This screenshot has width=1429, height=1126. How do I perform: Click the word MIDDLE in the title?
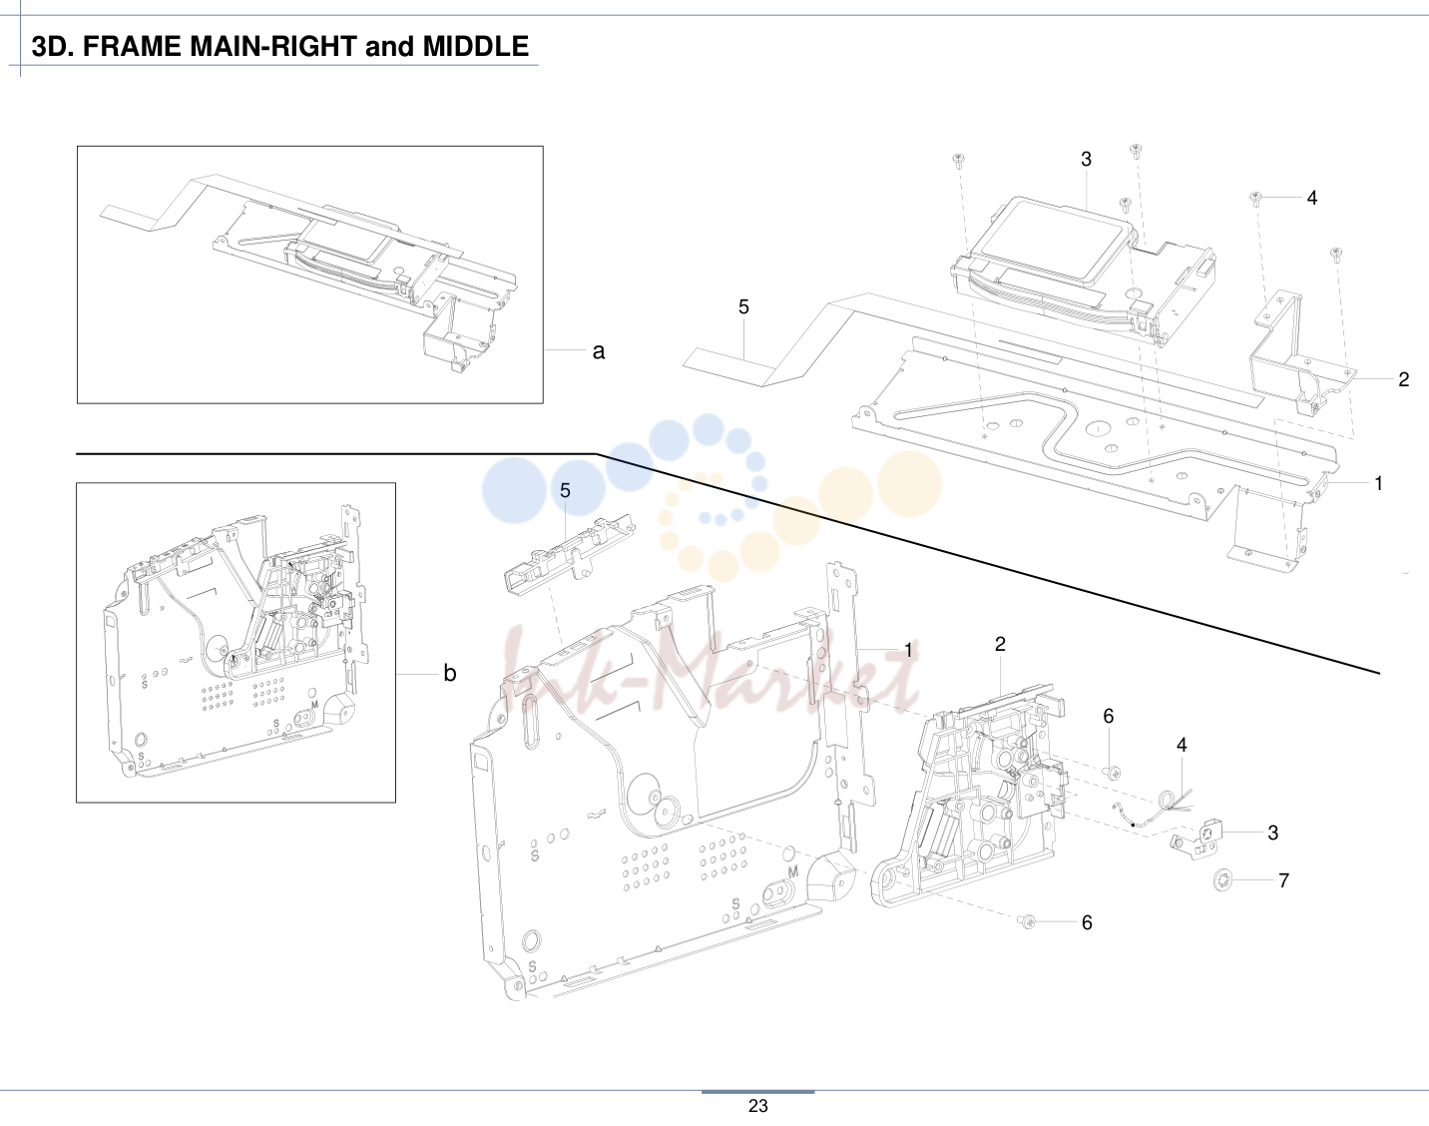475,47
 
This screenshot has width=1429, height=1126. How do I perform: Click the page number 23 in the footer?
757,1105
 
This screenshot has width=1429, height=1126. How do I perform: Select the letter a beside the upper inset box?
599,351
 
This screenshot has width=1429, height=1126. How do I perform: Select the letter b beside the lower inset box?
449,673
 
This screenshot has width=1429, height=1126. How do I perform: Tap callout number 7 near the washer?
1283,880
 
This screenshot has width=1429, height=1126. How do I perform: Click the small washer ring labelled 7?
1220,880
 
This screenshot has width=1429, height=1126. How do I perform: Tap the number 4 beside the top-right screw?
1311,198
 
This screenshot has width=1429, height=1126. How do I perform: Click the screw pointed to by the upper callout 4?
1255,198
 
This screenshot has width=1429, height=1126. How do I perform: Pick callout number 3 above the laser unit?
1086,160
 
